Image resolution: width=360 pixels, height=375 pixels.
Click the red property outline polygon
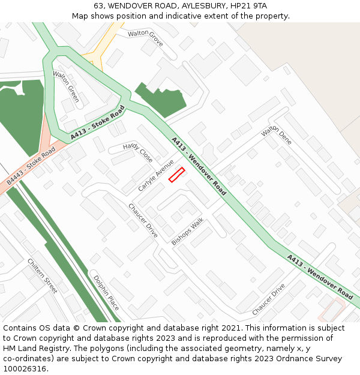point(176,175)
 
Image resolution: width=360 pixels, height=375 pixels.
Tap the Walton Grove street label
point(145,38)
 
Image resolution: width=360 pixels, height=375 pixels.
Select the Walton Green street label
point(66,86)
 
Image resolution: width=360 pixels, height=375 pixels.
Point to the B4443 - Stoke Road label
point(30,167)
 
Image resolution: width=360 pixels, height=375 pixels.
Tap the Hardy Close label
point(138,153)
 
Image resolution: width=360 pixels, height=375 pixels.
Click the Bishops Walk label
point(187,231)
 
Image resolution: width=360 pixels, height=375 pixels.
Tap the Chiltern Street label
point(42,275)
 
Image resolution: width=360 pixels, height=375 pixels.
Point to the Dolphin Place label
point(106,292)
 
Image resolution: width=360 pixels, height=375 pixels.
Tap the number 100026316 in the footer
point(25,368)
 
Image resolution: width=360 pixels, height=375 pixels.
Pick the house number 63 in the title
point(98,6)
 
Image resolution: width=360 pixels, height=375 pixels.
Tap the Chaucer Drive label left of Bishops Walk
point(143,220)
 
